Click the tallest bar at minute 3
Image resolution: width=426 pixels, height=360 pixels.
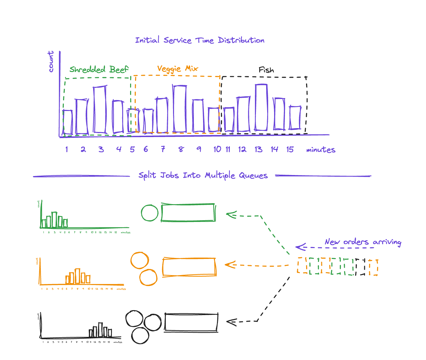(x=100, y=110)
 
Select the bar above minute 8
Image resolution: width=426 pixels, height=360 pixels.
(x=180, y=109)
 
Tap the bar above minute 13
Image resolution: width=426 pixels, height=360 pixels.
(x=261, y=108)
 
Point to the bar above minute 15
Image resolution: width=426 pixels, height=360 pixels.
(x=295, y=118)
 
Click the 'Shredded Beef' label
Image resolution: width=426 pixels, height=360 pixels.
(x=99, y=69)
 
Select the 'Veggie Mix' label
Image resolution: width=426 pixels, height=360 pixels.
(x=177, y=69)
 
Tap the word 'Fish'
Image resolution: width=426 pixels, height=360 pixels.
(x=266, y=70)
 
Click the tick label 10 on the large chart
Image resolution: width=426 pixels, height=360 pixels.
(x=217, y=149)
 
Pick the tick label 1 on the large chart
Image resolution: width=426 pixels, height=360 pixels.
(x=67, y=149)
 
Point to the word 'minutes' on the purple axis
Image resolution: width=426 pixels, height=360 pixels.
(x=321, y=150)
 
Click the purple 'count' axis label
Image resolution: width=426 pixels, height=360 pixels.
(x=51, y=61)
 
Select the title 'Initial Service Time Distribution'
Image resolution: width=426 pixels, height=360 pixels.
(x=200, y=40)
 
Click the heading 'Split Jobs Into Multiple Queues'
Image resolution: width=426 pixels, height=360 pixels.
(x=203, y=175)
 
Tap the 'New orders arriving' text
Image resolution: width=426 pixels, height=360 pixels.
(x=363, y=242)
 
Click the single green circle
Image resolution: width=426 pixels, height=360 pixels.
(x=150, y=213)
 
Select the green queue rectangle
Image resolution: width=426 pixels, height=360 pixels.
(x=188, y=213)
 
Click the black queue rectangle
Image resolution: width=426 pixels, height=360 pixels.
(x=191, y=322)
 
